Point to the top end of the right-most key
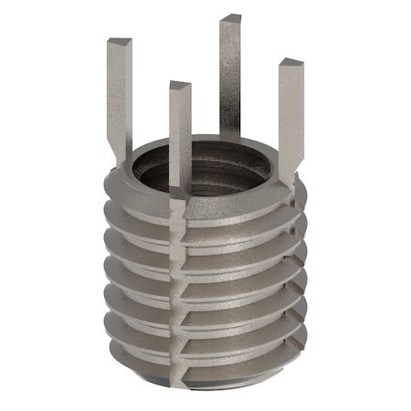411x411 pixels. tap(290, 65)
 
